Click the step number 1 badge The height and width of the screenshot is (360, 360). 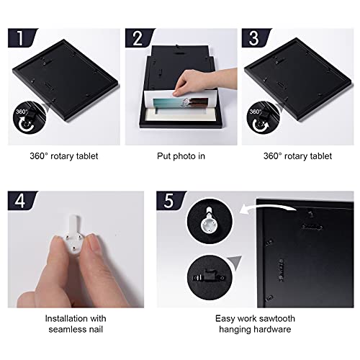coord(22,38)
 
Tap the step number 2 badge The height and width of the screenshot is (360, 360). coord(139,38)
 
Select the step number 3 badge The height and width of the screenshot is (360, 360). coord(256,38)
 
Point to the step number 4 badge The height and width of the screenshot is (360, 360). coord(22,201)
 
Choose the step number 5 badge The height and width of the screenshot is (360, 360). coord(171,201)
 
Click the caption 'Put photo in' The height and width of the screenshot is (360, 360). coord(181,156)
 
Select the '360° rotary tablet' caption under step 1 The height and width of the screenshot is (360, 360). coord(64,156)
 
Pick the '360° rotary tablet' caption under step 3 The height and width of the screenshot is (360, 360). coord(297,156)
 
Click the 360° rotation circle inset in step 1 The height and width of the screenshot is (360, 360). coord(30,117)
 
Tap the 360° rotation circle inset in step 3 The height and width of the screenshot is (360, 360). coord(264,117)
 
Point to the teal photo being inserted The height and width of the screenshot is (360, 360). coord(180,104)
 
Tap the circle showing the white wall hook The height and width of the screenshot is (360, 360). coord(210,221)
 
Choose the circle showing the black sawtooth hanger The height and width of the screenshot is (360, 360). coord(210,277)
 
